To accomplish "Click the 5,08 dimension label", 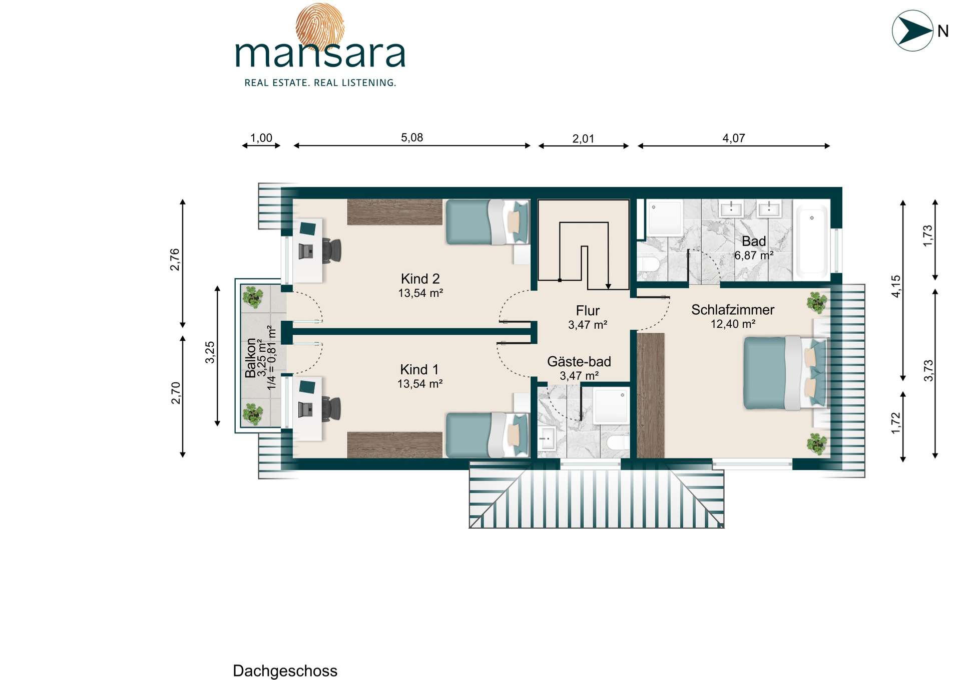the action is [412, 137].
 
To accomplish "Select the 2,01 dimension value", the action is [583, 138].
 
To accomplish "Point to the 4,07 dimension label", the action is [734, 138].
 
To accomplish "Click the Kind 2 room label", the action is [420, 279].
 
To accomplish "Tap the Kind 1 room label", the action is [419, 369].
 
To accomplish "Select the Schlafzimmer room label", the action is [733, 310].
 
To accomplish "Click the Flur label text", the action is [588, 311].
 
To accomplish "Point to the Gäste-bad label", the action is [579, 361].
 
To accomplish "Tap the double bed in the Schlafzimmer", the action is [784, 372].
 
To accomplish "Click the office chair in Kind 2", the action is [331, 250].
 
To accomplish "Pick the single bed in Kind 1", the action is [487, 434].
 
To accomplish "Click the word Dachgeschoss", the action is [285, 671].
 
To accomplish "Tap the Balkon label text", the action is [250, 358].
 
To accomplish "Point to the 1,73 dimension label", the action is [927, 236].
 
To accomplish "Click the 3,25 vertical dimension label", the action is [210, 352].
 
